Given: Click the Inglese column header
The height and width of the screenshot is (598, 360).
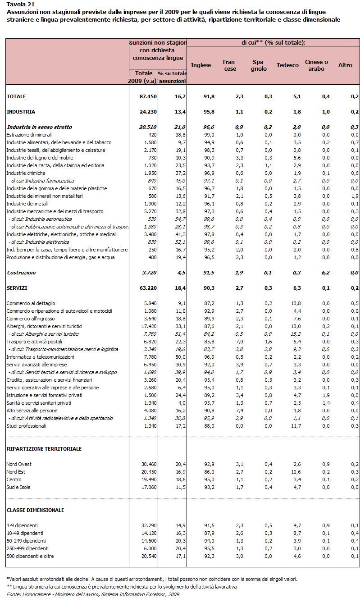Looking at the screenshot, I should pyautogui.click(x=201, y=65).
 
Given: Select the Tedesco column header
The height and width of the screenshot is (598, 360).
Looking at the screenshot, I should pyautogui.click(x=287, y=65).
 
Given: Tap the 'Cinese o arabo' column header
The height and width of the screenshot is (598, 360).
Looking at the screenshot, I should pyautogui.click(x=316, y=65).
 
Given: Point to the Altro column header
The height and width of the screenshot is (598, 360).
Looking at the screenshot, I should pyautogui.click(x=345, y=65).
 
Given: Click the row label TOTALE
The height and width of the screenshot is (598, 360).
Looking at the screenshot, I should pyautogui.click(x=16, y=96).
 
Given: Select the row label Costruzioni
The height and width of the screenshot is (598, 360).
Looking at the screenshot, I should pyautogui.click(x=21, y=273).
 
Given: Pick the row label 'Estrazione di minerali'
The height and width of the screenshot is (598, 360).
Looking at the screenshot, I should pyautogui.click(x=29, y=135).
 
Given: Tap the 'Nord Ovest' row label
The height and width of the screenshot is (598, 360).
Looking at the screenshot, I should pyautogui.click(x=19, y=464).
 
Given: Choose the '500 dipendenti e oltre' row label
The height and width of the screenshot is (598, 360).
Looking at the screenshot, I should pyautogui.click(x=30, y=556).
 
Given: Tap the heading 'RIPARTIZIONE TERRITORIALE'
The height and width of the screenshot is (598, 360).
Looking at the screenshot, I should pyautogui.click(x=44, y=449).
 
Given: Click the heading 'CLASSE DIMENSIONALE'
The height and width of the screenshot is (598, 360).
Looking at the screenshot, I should pyautogui.click(x=35, y=510).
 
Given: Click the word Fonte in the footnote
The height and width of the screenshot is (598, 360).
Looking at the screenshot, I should pyautogui.click(x=14, y=594).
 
